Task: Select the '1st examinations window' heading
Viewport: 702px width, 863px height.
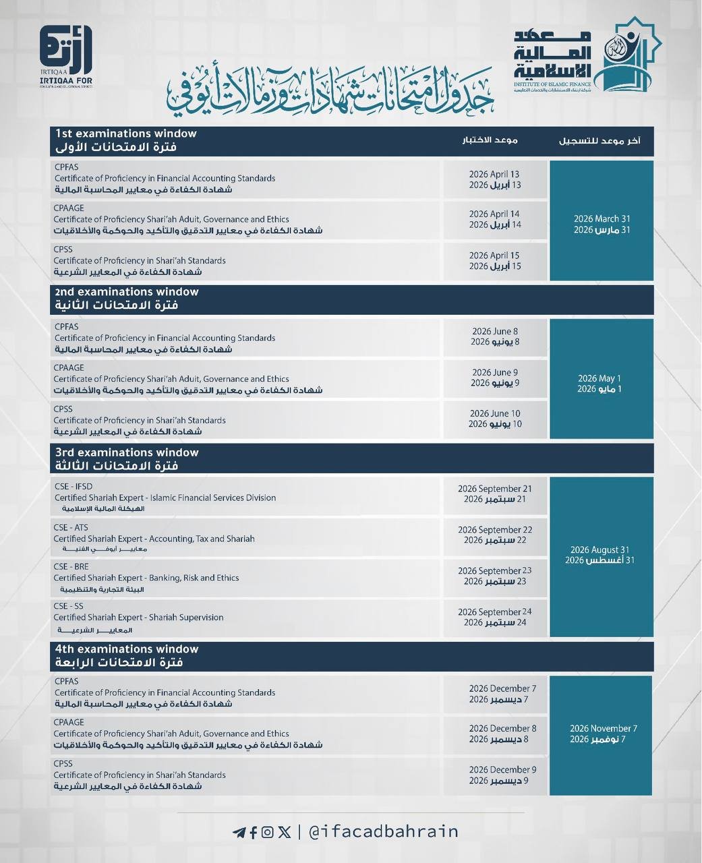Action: [x=126, y=133]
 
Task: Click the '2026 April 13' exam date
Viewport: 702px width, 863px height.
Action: [x=494, y=174]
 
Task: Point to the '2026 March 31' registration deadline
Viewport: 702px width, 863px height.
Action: [x=602, y=219]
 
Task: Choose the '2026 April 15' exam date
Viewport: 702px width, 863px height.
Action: [x=494, y=256]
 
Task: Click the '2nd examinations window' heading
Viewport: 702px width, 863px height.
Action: [x=127, y=292]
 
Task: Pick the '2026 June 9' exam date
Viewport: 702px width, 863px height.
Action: [x=494, y=372]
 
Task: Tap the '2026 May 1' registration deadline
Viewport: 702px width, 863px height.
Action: [x=599, y=379]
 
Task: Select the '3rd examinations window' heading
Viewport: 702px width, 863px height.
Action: [x=127, y=452]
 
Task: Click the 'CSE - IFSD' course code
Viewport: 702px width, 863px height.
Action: [x=73, y=486]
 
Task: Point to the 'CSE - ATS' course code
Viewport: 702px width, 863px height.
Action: [x=71, y=527]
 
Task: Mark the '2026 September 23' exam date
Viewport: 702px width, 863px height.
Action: [x=494, y=570]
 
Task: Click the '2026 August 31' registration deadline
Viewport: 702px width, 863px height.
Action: [x=599, y=549]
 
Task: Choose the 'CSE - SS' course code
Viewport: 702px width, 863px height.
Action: [x=68, y=606]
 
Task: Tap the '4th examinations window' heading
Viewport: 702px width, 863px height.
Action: [x=127, y=649]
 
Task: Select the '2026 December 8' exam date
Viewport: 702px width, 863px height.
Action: [x=502, y=728]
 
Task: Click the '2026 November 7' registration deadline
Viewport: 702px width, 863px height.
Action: [x=603, y=728]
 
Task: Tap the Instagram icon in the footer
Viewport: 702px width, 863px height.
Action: [x=268, y=832]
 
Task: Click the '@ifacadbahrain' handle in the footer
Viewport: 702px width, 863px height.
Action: [x=383, y=832]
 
